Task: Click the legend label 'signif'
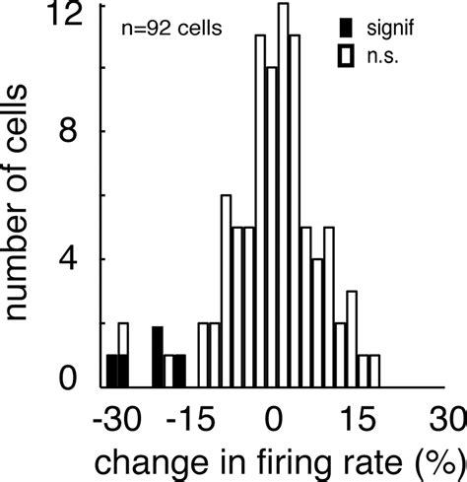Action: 403,22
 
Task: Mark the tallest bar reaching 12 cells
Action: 284,197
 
